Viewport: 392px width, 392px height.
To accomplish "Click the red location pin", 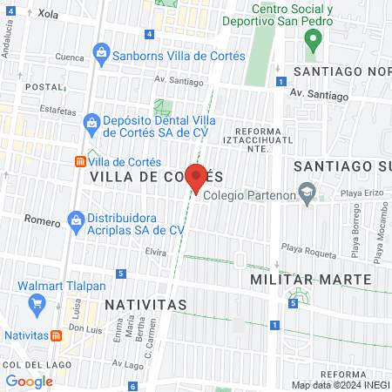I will [x=196, y=178].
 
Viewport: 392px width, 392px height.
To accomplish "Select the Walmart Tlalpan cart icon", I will [x=37, y=303].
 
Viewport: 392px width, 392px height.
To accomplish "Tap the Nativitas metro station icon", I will [x=57, y=335].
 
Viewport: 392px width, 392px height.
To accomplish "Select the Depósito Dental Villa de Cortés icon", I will [x=91, y=125].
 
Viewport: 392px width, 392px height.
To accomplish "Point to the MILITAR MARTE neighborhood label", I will [x=311, y=279].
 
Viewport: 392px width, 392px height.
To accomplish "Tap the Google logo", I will [x=30, y=381].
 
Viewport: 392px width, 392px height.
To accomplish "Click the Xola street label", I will [x=48, y=15].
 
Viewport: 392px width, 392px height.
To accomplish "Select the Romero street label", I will [x=41, y=221].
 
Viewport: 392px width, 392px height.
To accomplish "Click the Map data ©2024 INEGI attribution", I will [x=340, y=385].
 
